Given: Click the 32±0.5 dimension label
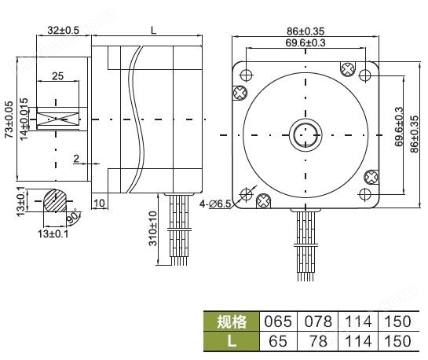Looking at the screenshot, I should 63,30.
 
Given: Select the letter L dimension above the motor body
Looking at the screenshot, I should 152,30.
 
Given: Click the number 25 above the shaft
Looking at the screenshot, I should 57,75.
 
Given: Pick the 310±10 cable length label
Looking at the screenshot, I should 153,229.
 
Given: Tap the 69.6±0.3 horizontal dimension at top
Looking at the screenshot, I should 306,42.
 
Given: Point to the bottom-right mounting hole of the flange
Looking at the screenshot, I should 365,193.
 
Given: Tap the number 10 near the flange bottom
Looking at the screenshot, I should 100,204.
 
